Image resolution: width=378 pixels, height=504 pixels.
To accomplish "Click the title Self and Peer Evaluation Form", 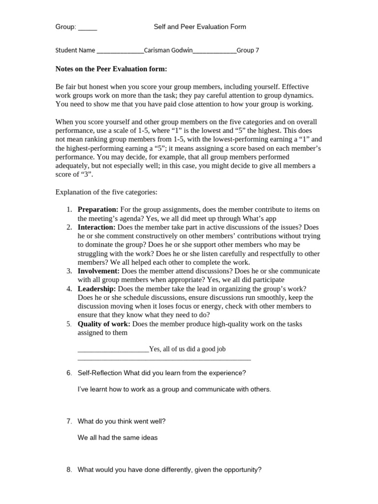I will pos(199,27).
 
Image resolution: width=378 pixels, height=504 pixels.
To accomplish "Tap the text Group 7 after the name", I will pos(248,50).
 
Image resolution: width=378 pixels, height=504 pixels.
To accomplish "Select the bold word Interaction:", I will pos(96,227).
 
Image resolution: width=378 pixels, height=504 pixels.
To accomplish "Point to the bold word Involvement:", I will pos(98,271).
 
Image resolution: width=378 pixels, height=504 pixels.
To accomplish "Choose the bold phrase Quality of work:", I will pos(104,324).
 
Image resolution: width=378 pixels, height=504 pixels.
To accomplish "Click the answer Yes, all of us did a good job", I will pos(187,349).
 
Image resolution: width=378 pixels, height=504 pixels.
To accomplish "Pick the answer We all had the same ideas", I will pos(118,437).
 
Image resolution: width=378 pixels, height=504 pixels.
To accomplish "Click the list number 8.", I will pos(69,470).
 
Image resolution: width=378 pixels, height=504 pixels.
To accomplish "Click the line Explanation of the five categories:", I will pos(106,191).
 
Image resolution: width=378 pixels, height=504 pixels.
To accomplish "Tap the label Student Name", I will pos(75,50).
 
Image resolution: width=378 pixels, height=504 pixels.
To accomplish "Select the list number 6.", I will pos(69,373).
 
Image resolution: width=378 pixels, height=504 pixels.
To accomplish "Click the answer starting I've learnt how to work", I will pos(174,389).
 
